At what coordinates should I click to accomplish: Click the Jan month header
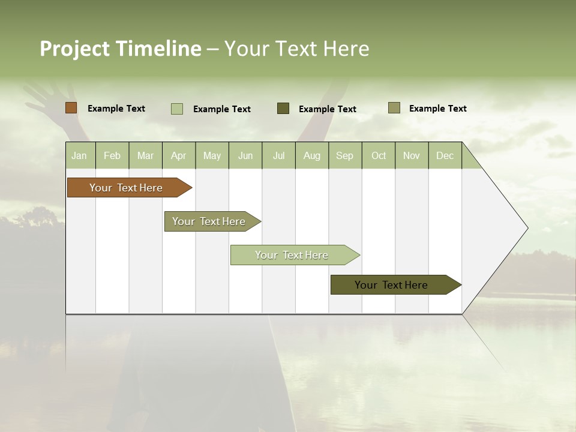(79, 155)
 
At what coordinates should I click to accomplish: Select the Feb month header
(112, 155)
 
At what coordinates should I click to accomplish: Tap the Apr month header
(179, 155)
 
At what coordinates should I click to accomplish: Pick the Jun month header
(245, 155)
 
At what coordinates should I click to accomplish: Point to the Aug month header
(312, 155)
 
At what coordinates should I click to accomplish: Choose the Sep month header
(344, 155)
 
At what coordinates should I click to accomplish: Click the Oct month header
(379, 155)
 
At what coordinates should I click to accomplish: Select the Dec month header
(445, 155)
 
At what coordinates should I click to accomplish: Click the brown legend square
(71, 108)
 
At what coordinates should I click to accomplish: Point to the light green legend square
(177, 109)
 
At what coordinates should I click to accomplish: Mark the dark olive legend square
(283, 108)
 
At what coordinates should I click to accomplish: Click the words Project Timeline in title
(121, 49)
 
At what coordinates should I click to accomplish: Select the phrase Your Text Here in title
(296, 49)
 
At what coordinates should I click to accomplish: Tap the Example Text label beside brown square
(116, 109)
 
